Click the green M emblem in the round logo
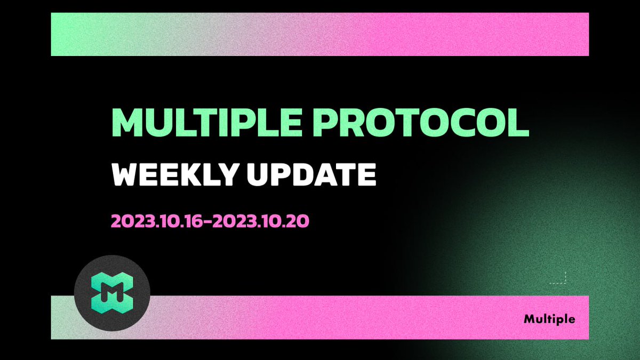click(x=112, y=293)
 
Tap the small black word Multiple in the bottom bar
click(x=549, y=319)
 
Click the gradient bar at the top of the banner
click(x=320, y=34)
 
